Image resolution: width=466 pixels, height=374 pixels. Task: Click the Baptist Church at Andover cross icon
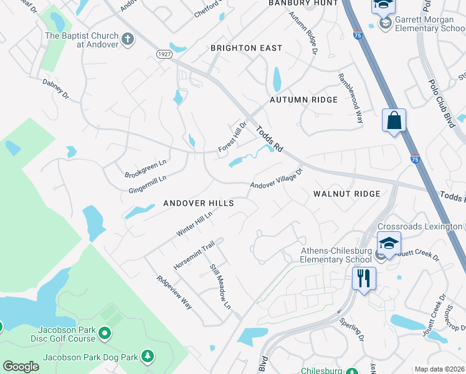click(x=128, y=40)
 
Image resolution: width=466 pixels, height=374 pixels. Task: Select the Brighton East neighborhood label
click(x=246, y=48)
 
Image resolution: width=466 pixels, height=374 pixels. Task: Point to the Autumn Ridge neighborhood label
click(x=303, y=100)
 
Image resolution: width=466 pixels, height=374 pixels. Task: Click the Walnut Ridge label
click(x=346, y=194)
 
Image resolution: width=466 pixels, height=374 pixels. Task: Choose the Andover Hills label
click(x=198, y=203)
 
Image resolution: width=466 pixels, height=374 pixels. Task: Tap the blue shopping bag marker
click(x=394, y=121)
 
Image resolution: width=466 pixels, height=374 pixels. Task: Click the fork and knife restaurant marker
click(x=364, y=277)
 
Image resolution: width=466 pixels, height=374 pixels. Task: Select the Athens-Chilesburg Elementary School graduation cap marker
click(x=389, y=243)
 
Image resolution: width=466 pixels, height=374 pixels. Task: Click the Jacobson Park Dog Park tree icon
click(x=148, y=357)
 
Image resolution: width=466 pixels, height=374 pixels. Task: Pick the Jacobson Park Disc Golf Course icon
click(x=105, y=335)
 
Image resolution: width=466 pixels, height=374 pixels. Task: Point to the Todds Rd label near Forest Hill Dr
click(x=268, y=138)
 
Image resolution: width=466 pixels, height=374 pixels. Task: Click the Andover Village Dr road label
click(x=276, y=179)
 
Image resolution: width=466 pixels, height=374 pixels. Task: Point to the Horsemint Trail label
click(x=194, y=255)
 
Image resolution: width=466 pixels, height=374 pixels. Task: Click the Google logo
click(x=21, y=367)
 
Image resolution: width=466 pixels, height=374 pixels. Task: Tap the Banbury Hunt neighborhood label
click(x=303, y=3)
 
